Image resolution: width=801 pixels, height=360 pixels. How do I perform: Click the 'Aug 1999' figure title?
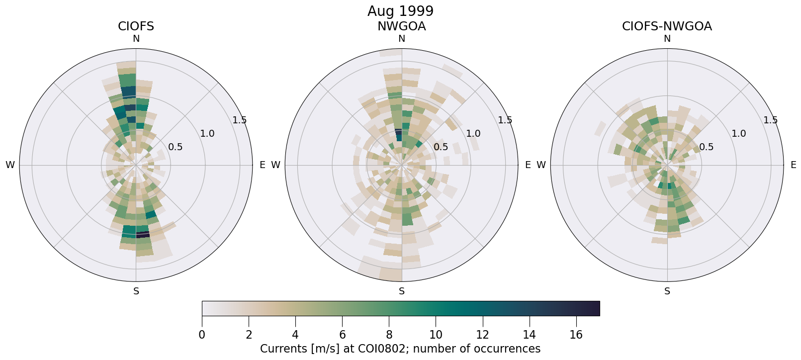400,11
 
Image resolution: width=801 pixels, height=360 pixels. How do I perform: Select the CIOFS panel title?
136,26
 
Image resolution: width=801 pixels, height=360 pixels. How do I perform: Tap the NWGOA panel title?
401,26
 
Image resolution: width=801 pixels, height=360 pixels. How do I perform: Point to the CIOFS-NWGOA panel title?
667,26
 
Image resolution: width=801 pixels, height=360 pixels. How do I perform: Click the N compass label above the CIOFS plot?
136,39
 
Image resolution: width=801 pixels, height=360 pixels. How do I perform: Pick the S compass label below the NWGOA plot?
401,291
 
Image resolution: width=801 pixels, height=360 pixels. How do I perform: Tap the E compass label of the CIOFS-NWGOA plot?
793,165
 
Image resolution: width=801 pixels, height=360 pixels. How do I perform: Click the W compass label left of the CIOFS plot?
10,165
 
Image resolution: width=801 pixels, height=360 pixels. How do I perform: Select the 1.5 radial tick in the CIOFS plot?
239,120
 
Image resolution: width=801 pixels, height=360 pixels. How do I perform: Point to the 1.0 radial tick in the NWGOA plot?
473,133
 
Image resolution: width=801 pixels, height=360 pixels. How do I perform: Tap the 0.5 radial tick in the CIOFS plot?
175,147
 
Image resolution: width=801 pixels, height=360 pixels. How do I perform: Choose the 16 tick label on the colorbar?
576,335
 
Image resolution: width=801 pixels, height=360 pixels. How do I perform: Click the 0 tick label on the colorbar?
202,335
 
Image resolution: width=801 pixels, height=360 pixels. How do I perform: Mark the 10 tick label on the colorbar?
436,335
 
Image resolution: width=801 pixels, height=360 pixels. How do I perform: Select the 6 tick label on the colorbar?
342,335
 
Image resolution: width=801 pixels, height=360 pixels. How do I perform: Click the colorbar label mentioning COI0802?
400,349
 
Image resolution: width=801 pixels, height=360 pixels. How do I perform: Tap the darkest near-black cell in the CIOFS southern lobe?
143,234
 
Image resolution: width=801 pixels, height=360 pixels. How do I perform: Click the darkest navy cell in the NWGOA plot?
398,133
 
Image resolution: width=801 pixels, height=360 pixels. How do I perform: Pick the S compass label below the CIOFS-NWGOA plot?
667,291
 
